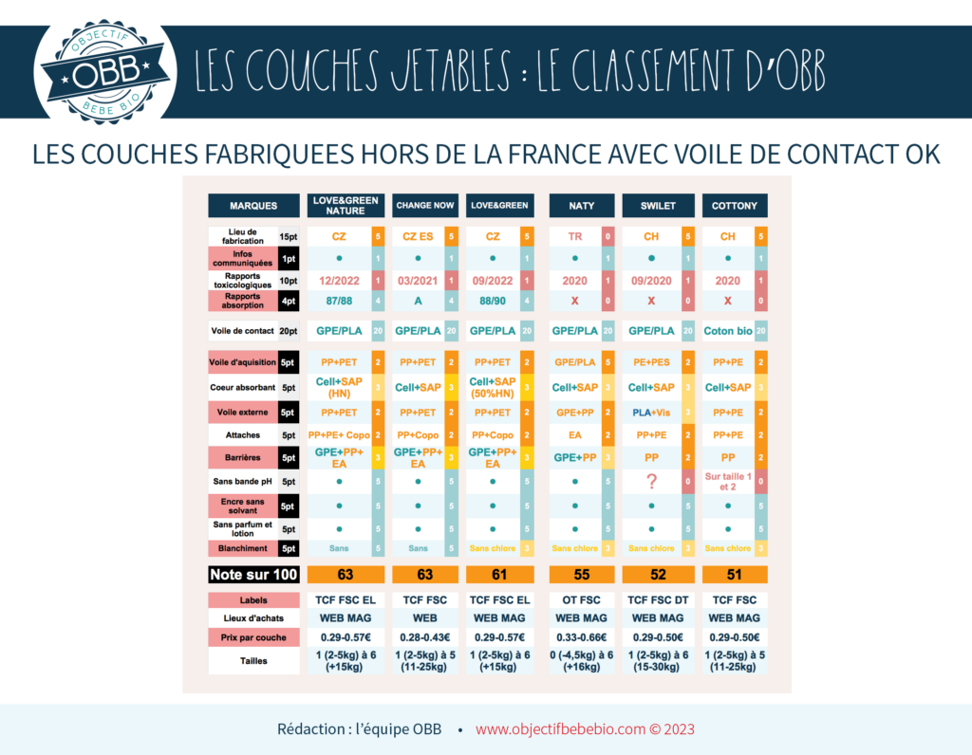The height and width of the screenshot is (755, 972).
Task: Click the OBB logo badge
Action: point(105,72)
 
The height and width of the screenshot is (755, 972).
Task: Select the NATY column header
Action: point(582,205)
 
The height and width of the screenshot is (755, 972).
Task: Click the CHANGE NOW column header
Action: point(424,205)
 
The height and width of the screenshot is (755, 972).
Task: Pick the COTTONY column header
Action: point(735,205)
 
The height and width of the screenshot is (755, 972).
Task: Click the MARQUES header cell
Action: point(253,205)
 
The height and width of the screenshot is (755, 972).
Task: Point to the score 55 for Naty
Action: point(582,574)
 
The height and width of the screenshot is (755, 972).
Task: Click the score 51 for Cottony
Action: point(735,574)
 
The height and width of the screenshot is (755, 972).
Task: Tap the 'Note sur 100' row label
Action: point(253,574)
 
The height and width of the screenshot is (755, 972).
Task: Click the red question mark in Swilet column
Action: point(651,482)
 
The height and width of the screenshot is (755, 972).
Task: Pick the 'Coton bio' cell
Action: point(727,331)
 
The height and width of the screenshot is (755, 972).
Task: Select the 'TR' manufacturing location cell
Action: point(575,235)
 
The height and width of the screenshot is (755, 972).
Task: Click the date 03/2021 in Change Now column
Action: point(418,281)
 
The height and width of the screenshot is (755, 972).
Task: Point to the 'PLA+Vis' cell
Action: point(651,413)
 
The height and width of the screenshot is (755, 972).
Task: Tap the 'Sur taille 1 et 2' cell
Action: point(727,482)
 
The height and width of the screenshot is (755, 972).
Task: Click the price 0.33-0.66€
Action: point(582,636)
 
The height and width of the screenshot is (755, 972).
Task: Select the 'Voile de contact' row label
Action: point(243,331)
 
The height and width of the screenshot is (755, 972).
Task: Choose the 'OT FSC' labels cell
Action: point(582,600)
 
